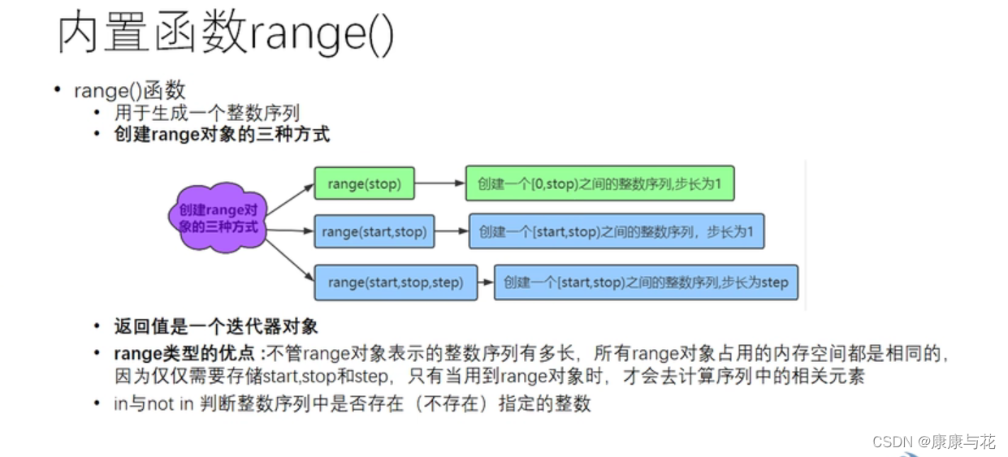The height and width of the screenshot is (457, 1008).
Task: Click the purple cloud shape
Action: pyautogui.click(x=217, y=218)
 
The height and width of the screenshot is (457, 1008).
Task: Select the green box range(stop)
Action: pyautogui.click(x=364, y=184)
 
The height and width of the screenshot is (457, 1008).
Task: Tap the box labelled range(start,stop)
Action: pyautogui.click(x=374, y=232)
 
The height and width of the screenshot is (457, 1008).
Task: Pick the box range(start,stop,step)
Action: pyautogui.click(x=396, y=282)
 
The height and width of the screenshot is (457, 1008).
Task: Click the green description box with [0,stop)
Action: pyautogui.click(x=599, y=184)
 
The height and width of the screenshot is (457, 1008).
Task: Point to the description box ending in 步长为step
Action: pyautogui.click(x=646, y=282)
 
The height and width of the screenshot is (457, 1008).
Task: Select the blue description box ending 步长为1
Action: pyautogui.click(x=616, y=232)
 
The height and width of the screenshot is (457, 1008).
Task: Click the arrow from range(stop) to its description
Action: pyautogui.click(x=439, y=184)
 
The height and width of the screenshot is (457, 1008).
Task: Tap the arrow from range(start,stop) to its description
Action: pyautogui.click(x=451, y=232)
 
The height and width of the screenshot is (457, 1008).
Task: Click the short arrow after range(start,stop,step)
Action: pyautogui.click(x=486, y=282)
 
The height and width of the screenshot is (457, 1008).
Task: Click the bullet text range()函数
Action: pyautogui.click(x=129, y=90)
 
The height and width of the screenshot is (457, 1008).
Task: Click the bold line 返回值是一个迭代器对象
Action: pyautogui.click(x=216, y=327)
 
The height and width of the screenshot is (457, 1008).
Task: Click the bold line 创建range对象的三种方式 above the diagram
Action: pyautogui.click(x=222, y=135)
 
